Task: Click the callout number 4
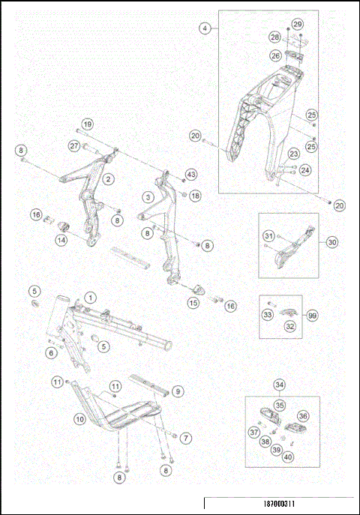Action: [205, 28]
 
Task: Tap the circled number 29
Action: [298, 25]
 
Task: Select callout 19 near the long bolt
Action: [87, 124]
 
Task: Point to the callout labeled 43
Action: [190, 174]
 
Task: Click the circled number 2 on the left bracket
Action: [109, 179]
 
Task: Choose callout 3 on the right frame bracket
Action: [149, 196]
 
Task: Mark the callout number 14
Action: [61, 240]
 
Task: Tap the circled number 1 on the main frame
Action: [89, 297]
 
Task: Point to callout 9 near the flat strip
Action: [178, 391]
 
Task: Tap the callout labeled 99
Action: [313, 315]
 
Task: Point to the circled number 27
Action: [95, 145]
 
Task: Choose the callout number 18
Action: [195, 196]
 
